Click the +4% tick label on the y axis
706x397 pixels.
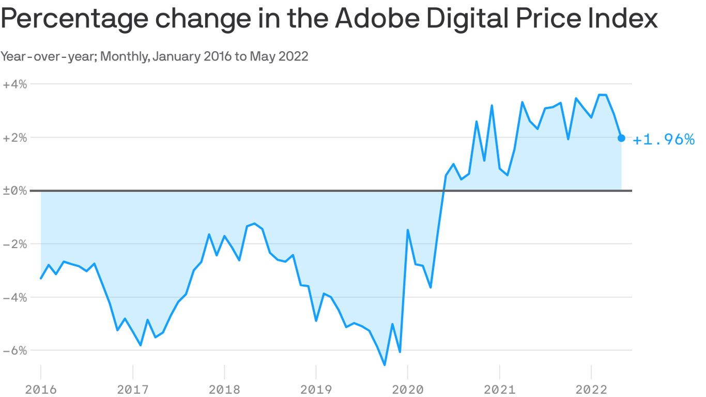(14, 84)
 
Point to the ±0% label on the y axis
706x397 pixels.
(14, 190)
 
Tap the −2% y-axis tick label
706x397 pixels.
(14, 243)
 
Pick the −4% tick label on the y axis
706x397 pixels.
(14, 297)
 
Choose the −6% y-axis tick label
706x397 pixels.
(14, 350)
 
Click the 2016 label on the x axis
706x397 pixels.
(40, 389)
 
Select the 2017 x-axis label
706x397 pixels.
(132, 389)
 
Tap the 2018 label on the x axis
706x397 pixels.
(224, 389)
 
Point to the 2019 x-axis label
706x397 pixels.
(316, 389)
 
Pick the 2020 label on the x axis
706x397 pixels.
(408, 389)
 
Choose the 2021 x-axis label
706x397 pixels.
(499, 389)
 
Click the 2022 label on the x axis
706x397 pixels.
(591, 389)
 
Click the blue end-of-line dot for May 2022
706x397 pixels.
(621, 138)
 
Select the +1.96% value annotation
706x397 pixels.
(664, 139)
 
